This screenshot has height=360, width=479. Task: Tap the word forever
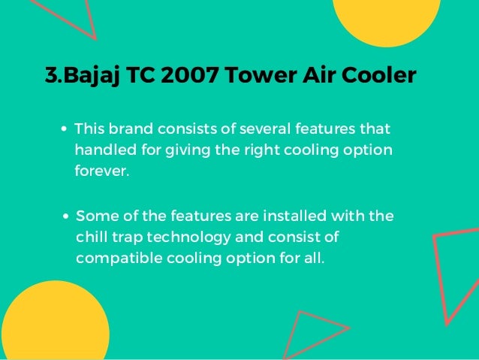(101, 171)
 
